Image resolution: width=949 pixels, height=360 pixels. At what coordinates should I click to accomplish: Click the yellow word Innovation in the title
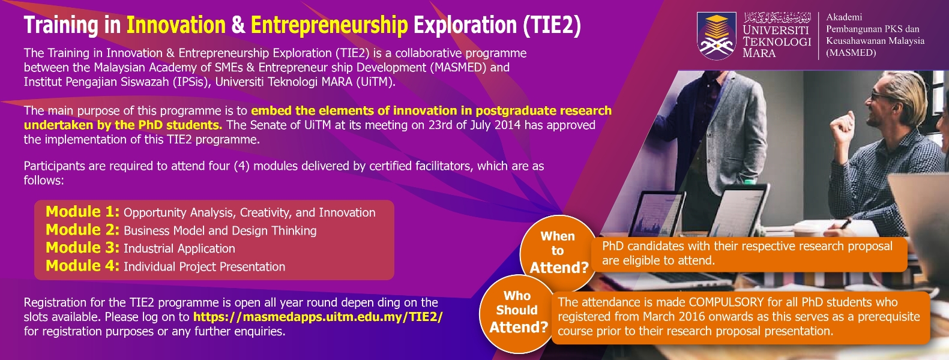point(176,25)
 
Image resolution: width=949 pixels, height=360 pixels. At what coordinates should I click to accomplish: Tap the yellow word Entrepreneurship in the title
point(329,25)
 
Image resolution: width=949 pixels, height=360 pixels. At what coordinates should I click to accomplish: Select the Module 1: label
point(83,212)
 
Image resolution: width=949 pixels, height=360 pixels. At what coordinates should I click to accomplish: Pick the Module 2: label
point(83,230)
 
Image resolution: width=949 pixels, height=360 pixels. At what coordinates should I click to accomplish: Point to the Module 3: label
point(83,248)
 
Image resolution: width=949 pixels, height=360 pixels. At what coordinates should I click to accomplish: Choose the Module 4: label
point(83,266)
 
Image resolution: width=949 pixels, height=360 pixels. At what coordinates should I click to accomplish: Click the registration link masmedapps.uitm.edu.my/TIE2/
point(318,317)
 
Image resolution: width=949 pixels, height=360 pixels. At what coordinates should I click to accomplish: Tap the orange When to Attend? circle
point(558,253)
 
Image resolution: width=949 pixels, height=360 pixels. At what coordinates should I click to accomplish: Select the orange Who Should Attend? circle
point(518,313)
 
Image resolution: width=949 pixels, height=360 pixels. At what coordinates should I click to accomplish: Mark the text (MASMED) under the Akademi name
point(851,53)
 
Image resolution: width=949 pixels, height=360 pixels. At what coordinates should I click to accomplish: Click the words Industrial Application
point(179,248)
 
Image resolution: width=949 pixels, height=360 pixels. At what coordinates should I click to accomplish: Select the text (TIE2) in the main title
point(552,25)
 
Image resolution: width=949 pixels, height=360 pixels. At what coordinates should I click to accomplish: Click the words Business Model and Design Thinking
point(220,231)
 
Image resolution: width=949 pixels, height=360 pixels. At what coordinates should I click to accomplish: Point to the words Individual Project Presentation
point(204,267)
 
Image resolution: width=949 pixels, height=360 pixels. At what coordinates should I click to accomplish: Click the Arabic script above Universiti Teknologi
point(777,18)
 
